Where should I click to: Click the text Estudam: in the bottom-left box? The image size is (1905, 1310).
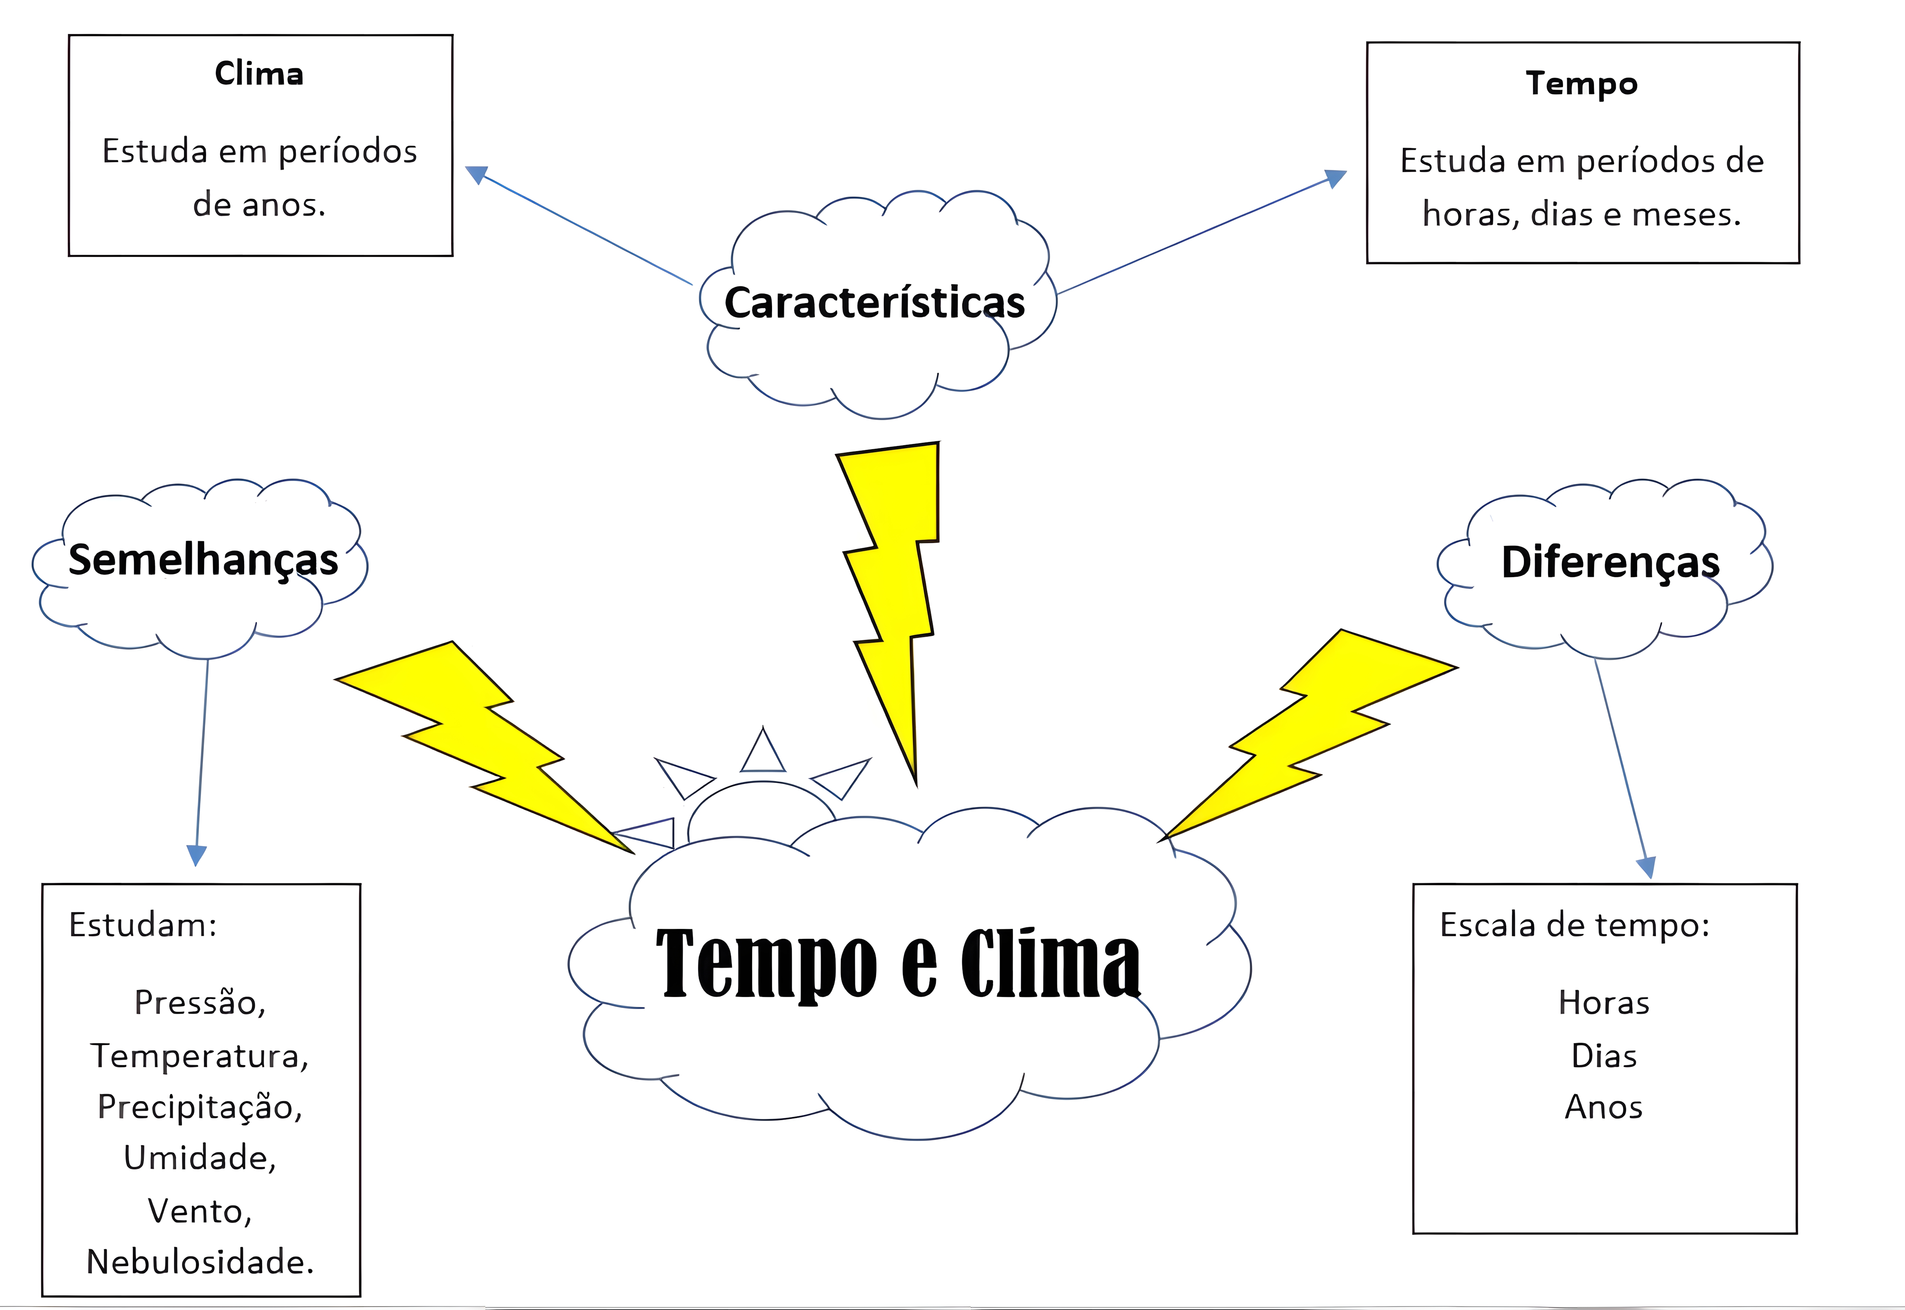tap(142, 925)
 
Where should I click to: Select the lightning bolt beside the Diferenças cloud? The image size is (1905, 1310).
tap(1313, 731)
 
